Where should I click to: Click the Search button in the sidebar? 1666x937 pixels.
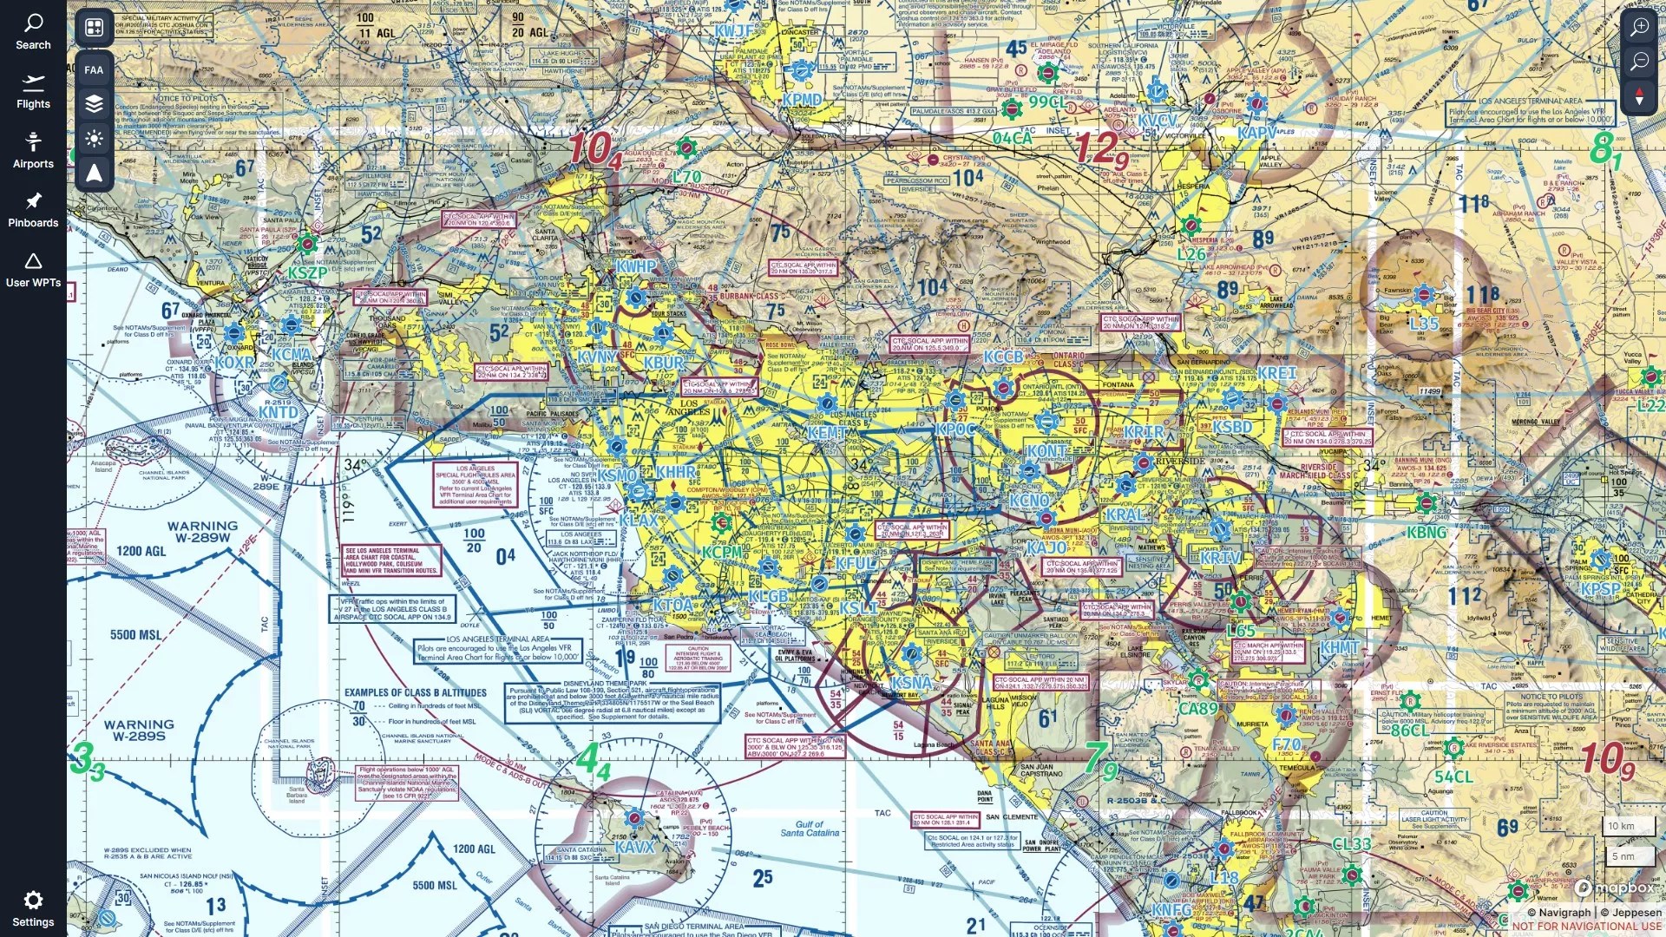click(x=33, y=31)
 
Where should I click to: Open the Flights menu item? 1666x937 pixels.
click(x=33, y=91)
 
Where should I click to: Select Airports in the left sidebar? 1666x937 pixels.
click(x=33, y=150)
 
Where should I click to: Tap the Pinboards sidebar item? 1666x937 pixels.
click(x=33, y=210)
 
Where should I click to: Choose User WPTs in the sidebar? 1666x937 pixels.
click(x=33, y=270)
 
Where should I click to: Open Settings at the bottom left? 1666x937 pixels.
click(x=33, y=908)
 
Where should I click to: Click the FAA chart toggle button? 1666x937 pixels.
click(x=94, y=69)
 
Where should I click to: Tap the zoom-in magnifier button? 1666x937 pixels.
click(x=1639, y=27)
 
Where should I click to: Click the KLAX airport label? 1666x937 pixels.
click(x=640, y=521)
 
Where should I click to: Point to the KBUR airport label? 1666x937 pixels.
click(x=664, y=363)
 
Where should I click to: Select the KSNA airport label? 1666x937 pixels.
click(x=912, y=683)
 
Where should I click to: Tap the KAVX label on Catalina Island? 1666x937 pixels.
click(x=634, y=846)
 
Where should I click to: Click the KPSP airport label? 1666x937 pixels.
click(x=1599, y=588)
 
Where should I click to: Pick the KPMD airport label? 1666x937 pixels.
click(x=802, y=100)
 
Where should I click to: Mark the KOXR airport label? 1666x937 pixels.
click(x=234, y=363)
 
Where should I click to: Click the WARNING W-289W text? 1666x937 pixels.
click(x=202, y=532)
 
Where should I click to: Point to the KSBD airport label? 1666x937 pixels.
click(x=1232, y=427)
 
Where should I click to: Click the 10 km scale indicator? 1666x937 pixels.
click(x=1621, y=826)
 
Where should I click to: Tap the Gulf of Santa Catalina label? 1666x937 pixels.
click(x=810, y=829)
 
